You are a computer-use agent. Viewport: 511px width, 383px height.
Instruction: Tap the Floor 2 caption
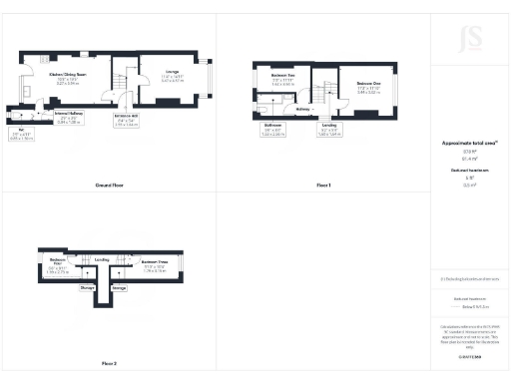pos(108,363)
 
